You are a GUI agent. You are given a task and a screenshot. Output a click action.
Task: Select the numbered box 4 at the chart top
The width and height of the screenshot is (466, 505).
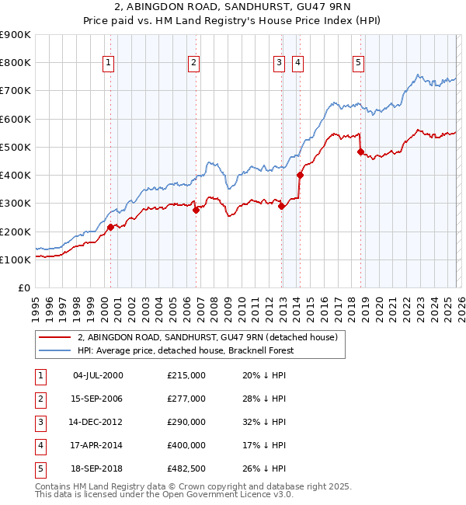(297, 64)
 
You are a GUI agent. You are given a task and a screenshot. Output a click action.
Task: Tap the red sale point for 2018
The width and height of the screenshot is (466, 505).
(360, 152)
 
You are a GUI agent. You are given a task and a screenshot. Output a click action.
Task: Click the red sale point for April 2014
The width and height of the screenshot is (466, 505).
(300, 175)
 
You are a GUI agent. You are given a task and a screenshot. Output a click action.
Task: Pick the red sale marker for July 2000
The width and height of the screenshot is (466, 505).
(110, 227)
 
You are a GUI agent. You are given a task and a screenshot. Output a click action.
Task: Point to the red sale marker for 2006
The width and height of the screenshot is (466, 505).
(196, 210)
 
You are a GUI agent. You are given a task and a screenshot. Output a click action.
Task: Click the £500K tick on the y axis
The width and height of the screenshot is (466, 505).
(15, 147)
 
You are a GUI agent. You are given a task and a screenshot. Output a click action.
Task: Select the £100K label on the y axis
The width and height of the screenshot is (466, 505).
(15, 259)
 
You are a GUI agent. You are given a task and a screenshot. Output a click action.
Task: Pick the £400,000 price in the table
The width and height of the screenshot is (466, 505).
(186, 446)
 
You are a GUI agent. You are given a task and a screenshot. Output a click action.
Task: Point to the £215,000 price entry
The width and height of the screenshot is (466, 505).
(186, 375)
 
